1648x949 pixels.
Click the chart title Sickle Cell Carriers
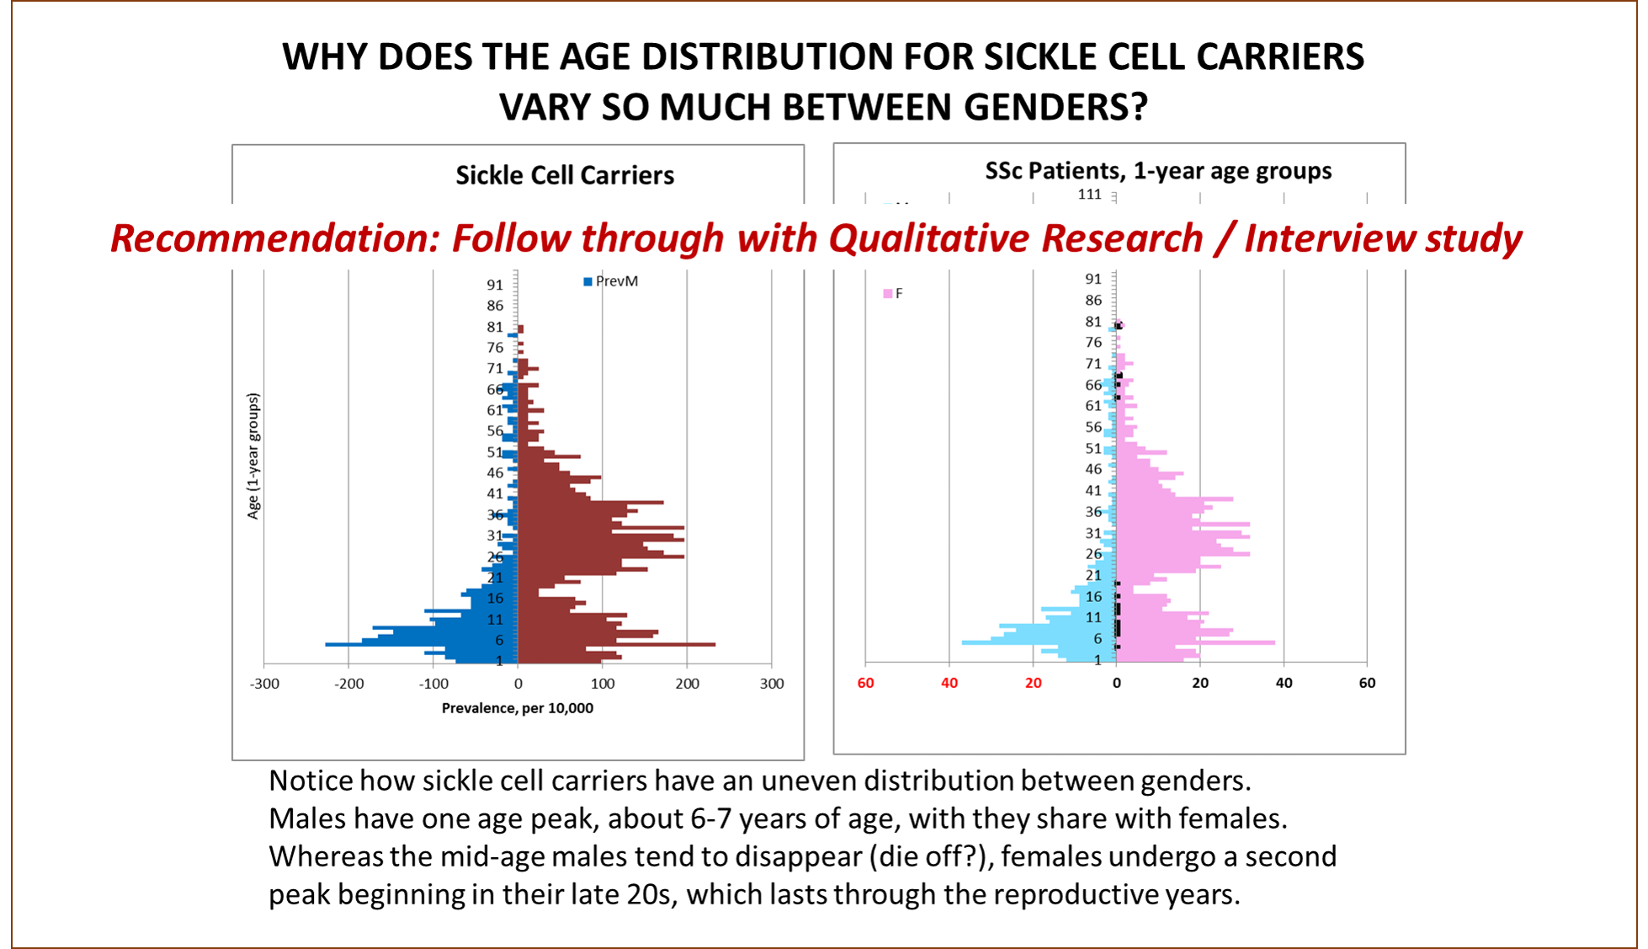pyautogui.click(x=565, y=175)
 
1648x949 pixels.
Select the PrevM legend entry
pyautogui.click(x=611, y=281)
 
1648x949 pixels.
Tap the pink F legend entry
pyautogui.click(x=893, y=293)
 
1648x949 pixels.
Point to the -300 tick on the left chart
pyautogui.click(x=264, y=684)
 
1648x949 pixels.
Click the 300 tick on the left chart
pyautogui.click(x=771, y=684)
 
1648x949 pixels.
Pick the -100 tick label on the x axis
pyautogui.click(x=433, y=684)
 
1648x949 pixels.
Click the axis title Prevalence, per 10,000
pyautogui.click(x=517, y=708)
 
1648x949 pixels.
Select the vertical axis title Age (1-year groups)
pyautogui.click(x=253, y=456)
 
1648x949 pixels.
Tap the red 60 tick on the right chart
pyautogui.click(x=865, y=683)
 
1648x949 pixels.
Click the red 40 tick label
pyautogui.click(x=949, y=683)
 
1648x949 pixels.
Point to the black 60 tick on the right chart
pyautogui.click(x=1367, y=683)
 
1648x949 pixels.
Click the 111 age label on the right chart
pyautogui.click(x=1089, y=195)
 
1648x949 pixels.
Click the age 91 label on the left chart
pyautogui.click(x=495, y=285)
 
